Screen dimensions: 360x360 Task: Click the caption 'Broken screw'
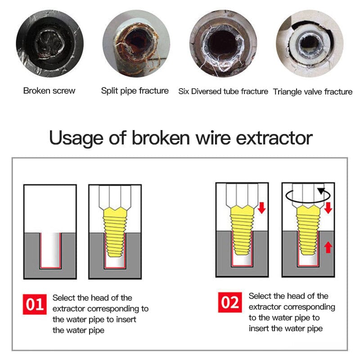point(49,91)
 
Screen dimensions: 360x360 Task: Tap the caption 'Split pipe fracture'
point(135,91)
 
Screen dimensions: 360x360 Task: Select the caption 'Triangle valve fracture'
point(313,92)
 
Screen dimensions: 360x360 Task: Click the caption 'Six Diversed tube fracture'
point(223,92)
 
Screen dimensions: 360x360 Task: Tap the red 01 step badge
point(35,304)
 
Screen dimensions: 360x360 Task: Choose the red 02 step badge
point(230,302)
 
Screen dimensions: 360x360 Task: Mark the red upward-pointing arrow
point(328,247)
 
